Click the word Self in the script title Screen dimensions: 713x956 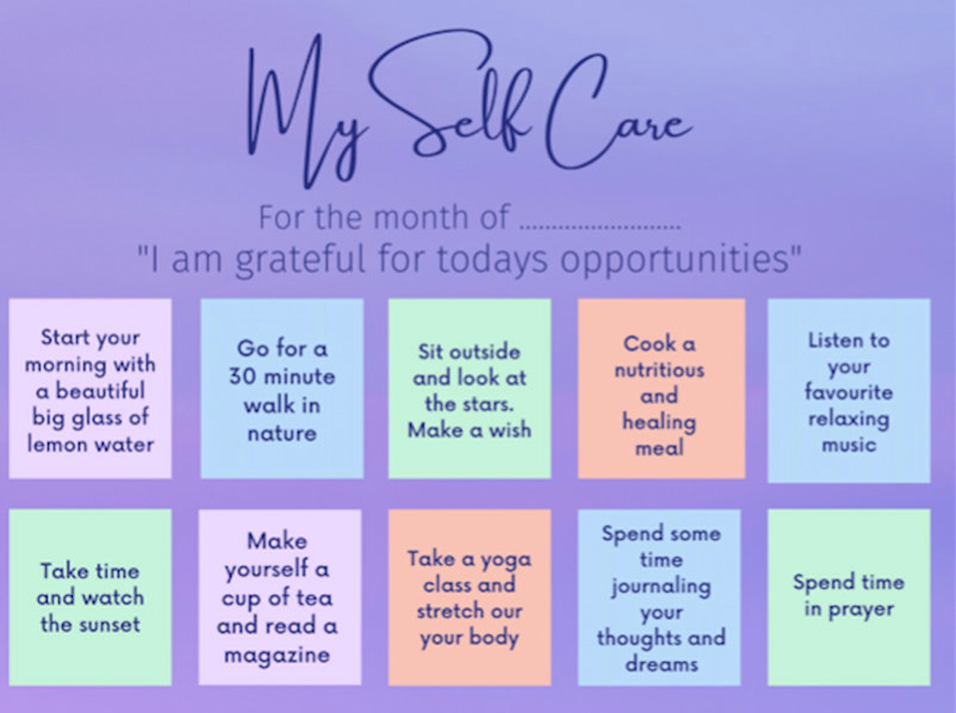(458, 114)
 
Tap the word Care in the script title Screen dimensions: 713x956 (614, 120)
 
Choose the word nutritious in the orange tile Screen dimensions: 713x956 (659, 369)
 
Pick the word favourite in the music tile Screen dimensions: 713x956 (848, 393)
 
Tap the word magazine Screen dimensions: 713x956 (277, 655)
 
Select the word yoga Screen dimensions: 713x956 (505, 559)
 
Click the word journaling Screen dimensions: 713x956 (660, 586)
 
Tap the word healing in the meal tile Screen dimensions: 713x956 (659, 422)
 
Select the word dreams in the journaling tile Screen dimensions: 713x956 (661, 664)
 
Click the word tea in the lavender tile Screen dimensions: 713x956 (314, 597)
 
